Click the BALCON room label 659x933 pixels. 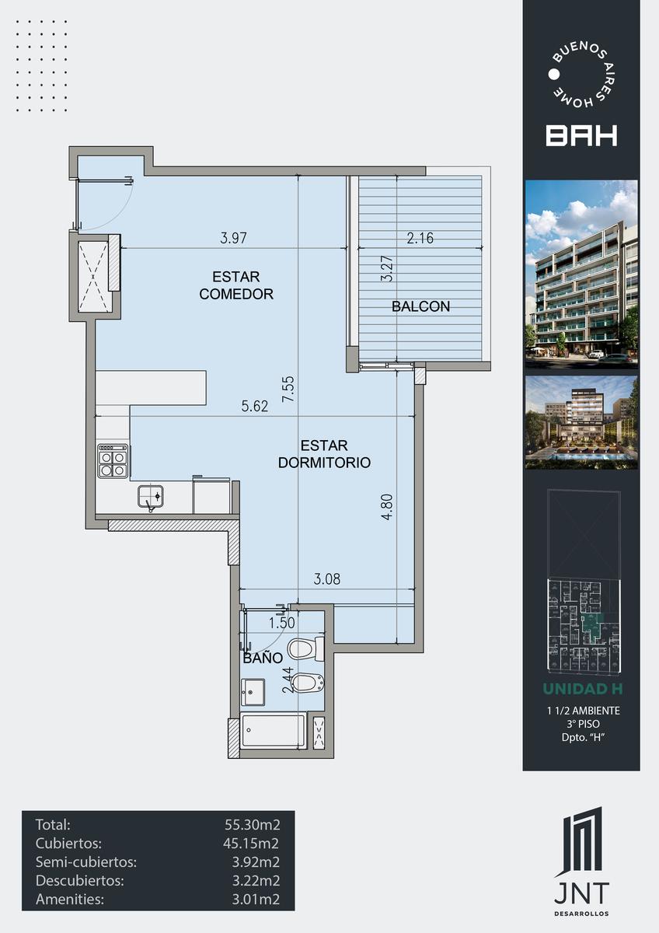tap(421, 306)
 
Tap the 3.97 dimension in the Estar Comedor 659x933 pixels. tap(233, 238)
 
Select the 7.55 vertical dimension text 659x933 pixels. tap(288, 389)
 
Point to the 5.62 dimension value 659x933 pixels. tap(255, 406)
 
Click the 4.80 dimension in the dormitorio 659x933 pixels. tap(387, 507)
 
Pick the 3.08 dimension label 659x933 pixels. tap(327, 579)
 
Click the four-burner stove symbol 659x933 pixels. tap(113, 461)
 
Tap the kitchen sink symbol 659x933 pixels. tap(150, 497)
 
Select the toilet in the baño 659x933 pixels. tap(306, 649)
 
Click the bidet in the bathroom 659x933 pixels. tap(307, 682)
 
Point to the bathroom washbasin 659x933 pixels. tap(253, 692)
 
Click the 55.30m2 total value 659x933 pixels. tap(253, 824)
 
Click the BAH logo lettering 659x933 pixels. tap(581, 136)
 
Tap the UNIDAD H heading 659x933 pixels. tap(583, 689)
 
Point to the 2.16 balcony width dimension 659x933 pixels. tap(420, 238)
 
